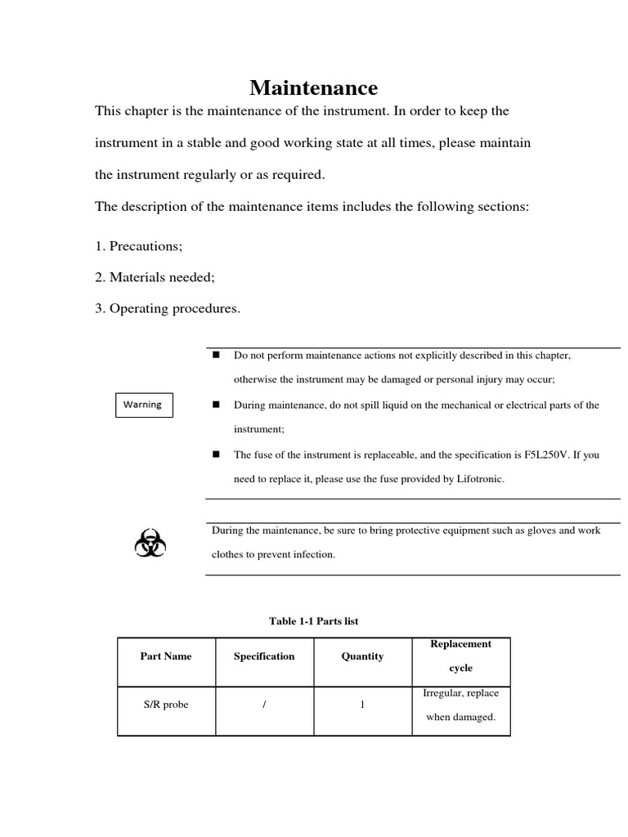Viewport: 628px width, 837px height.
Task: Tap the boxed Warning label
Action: (x=143, y=405)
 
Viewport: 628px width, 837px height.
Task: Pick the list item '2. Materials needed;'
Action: (x=155, y=277)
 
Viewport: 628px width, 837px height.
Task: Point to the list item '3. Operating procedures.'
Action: (x=168, y=308)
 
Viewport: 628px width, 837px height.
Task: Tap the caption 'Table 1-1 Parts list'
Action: (x=314, y=621)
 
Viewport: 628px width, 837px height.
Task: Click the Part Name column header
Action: (x=166, y=656)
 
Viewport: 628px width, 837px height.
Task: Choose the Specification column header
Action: (x=264, y=656)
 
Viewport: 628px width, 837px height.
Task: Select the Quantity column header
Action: (x=362, y=656)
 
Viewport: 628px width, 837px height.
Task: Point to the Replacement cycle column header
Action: (x=461, y=656)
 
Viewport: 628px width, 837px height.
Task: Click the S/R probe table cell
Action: (x=166, y=705)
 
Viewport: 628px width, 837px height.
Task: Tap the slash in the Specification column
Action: (x=265, y=705)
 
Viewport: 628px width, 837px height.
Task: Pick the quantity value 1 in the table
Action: (x=362, y=705)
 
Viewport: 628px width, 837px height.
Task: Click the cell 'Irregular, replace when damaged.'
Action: (x=461, y=705)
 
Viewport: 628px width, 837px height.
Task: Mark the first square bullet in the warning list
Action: (x=217, y=356)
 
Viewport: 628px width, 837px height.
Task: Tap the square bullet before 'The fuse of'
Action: (x=217, y=454)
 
